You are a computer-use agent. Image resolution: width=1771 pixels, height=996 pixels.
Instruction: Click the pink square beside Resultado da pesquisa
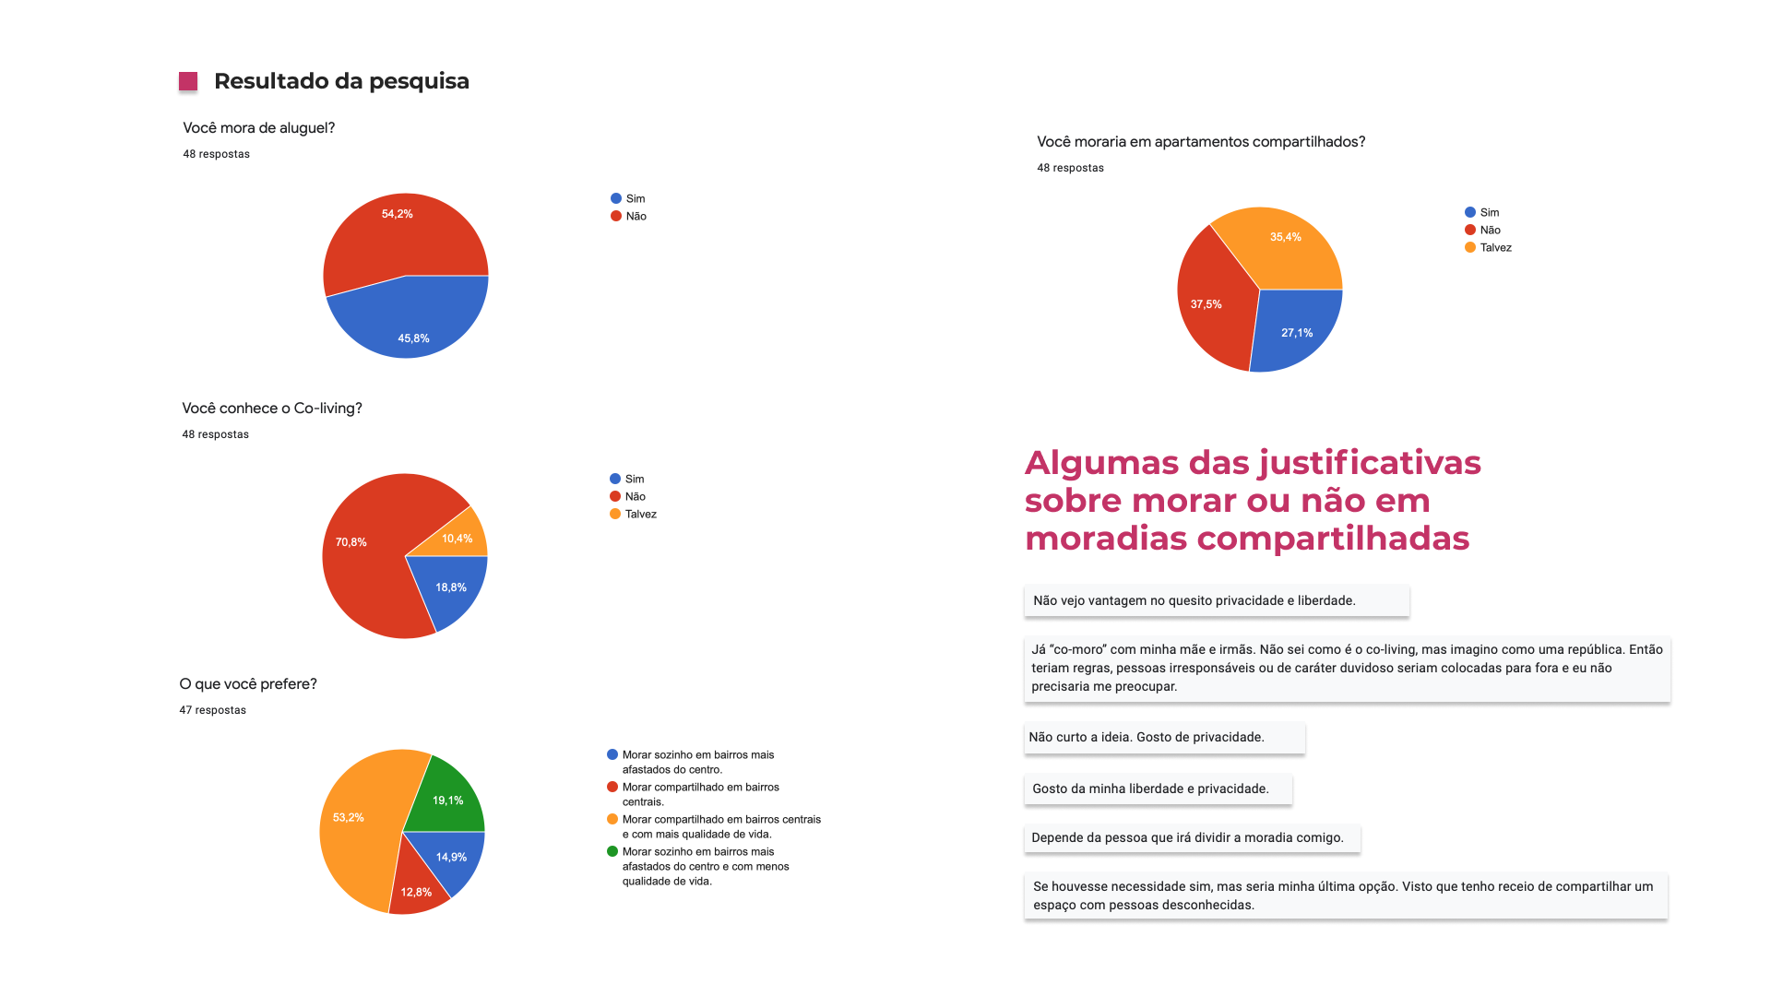188,82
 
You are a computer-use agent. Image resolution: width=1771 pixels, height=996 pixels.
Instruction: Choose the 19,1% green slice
447,799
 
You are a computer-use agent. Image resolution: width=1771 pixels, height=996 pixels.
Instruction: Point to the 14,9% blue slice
450,858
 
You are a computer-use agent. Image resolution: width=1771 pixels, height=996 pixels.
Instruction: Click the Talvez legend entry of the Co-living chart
640,515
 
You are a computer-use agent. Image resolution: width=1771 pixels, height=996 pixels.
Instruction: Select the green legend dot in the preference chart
612,851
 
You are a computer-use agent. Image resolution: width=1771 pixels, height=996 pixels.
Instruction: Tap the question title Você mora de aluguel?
258,128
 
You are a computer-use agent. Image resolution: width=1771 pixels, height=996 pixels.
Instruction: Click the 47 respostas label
212,710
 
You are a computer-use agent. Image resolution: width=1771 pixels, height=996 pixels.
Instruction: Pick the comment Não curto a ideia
1147,738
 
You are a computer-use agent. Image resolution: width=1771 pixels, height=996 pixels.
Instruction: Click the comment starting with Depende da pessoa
1188,838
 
